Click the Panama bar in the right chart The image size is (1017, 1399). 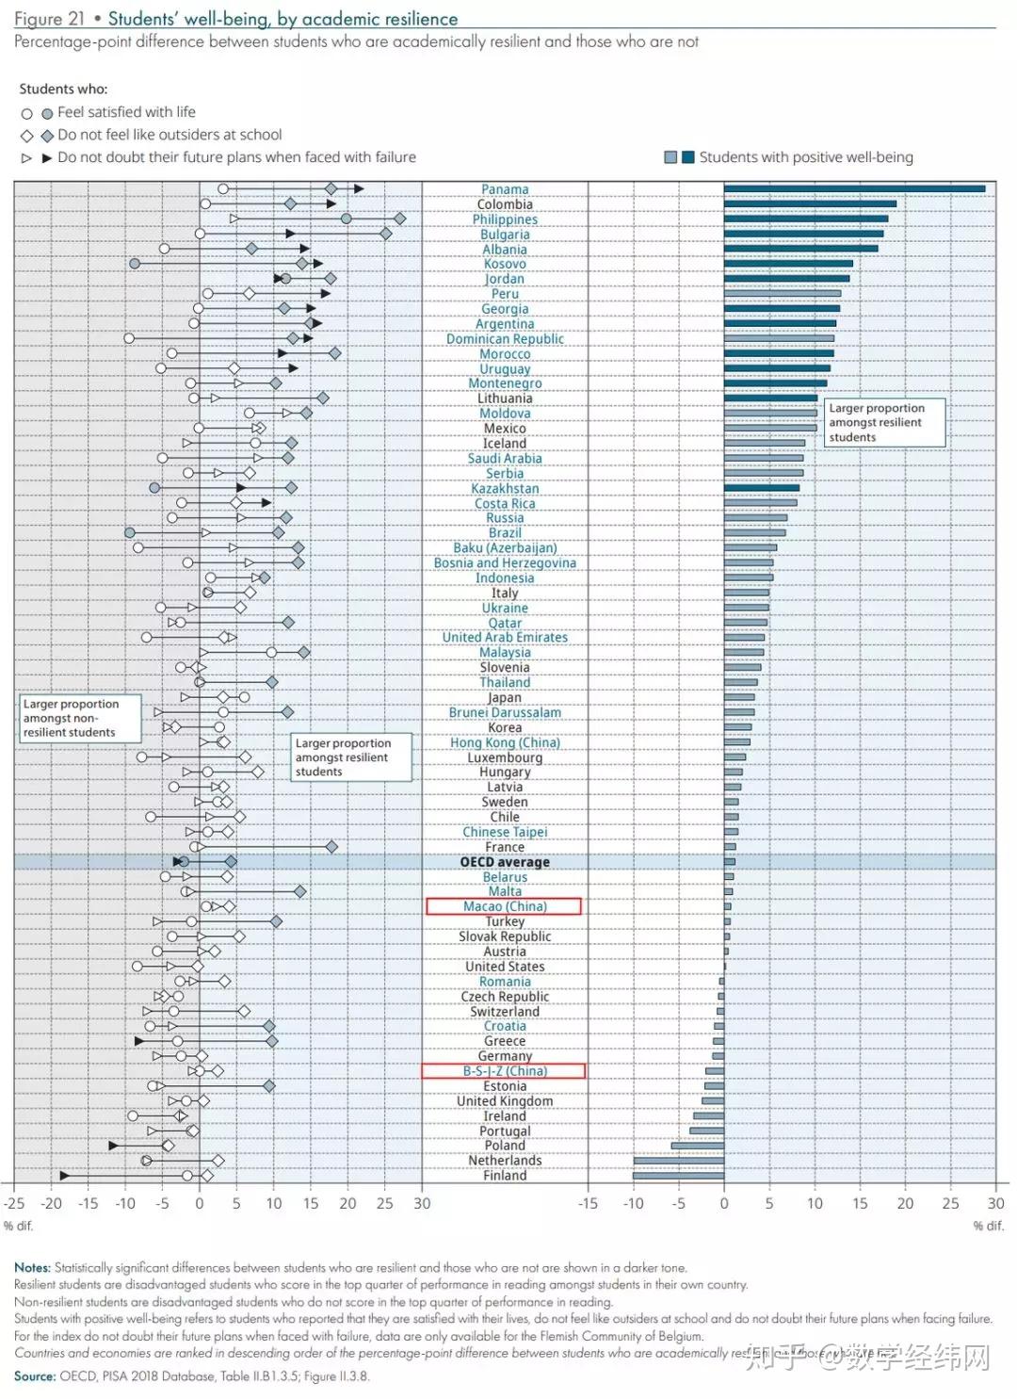coord(854,188)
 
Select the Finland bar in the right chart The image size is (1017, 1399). coord(678,1176)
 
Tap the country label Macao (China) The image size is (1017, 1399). coord(504,906)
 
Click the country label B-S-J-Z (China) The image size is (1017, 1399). coord(504,1071)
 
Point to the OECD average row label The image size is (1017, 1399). coord(504,862)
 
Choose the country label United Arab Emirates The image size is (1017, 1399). coord(505,638)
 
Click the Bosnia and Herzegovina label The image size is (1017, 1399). coord(505,563)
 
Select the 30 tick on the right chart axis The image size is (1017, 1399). coord(995,1203)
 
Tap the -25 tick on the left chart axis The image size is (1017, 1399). coord(14,1203)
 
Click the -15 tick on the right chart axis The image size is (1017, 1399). coord(588,1203)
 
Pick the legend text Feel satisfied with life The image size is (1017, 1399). coord(126,112)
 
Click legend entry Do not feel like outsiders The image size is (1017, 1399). coord(169,135)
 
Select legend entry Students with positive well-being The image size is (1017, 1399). coord(805,157)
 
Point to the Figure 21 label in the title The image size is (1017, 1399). coord(49,19)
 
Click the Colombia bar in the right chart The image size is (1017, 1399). coord(810,203)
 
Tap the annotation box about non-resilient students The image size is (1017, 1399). coord(80,718)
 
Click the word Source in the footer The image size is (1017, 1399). coord(34,1375)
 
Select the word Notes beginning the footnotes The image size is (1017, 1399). coord(32,1267)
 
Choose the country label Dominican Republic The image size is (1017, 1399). coord(505,339)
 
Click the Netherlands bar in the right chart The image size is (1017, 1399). coord(678,1161)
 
